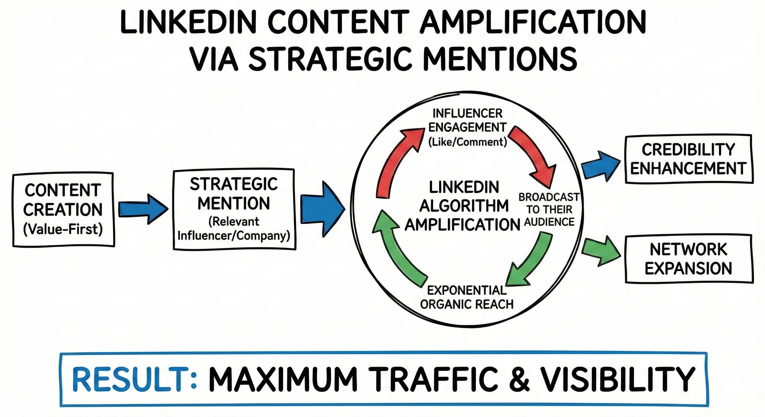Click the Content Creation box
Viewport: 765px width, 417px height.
coord(63,210)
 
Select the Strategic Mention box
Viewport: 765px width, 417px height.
coord(234,209)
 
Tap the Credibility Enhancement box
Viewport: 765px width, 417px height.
coord(688,159)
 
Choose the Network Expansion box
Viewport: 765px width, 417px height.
coord(688,259)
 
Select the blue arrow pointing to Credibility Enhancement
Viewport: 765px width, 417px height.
coord(600,166)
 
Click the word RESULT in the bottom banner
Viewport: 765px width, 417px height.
coord(131,380)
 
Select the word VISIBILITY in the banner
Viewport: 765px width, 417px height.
coord(618,380)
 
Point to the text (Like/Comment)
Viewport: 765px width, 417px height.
coord(468,142)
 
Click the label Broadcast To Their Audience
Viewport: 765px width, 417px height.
coord(549,210)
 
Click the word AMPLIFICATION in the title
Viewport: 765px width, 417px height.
coord(533,22)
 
